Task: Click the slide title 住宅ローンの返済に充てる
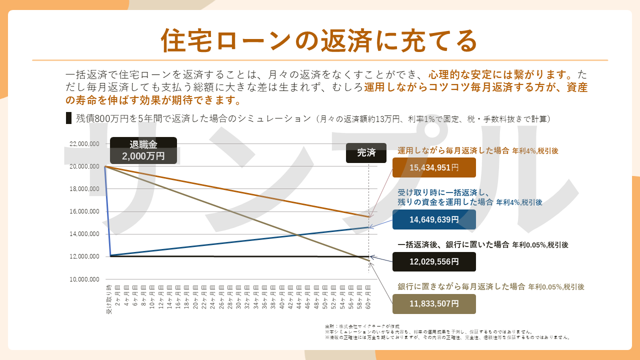point(319,41)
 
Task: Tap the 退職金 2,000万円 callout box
point(143,150)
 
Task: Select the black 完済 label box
point(366,153)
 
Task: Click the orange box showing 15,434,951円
point(434,167)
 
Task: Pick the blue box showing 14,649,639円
point(434,219)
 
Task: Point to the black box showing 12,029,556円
point(434,261)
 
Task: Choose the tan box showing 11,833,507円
point(434,303)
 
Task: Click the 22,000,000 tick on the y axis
point(84,144)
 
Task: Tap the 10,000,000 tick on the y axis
point(84,279)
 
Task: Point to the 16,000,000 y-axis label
point(84,211)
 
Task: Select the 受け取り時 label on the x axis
point(108,299)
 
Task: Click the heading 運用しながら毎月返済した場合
point(453,150)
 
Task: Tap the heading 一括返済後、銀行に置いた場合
point(453,245)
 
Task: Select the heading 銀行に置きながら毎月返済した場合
point(461,287)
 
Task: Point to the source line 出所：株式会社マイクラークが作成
point(362,326)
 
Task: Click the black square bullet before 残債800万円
point(69,118)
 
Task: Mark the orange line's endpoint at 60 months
point(369,217)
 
